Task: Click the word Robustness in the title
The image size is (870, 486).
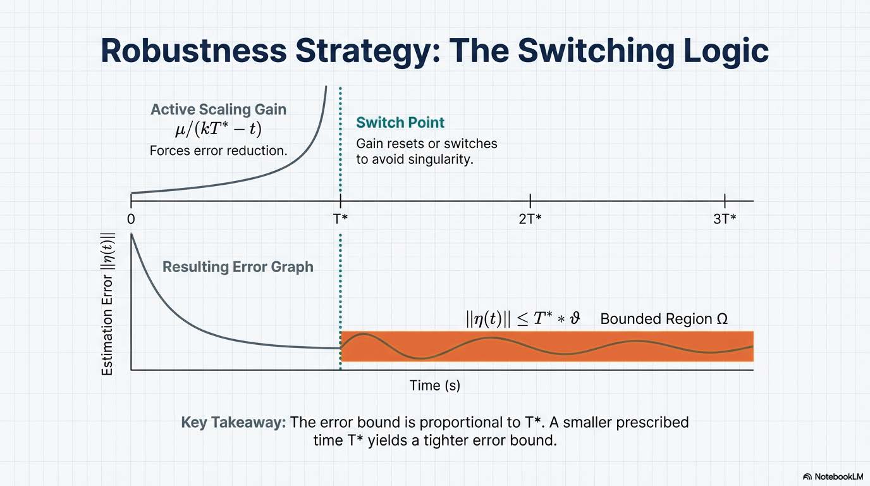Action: pyautogui.click(x=193, y=51)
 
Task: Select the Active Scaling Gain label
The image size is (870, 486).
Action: pyautogui.click(x=218, y=109)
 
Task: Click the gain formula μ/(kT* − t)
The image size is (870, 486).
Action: pyautogui.click(x=218, y=129)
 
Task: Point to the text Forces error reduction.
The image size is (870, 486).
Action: pyautogui.click(x=218, y=151)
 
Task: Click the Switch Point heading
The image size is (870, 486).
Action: pyautogui.click(x=400, y=123)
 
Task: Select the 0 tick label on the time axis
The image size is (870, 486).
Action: pyautogui.click(x=131, y=219)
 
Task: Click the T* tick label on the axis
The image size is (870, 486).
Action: pyautogui.click(x=340, y=219)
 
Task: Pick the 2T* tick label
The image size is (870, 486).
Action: pyautogui.click(x=530, y=219)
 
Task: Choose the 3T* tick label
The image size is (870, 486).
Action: pyautogui.click(x=725, y=219)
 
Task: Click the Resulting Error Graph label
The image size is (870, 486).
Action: pyautogui.click(x=238, y=267)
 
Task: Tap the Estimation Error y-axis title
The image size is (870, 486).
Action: pyautogui.click(x=107, y=304)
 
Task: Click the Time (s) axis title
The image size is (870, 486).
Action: pyautogui.click(x=434, y=385)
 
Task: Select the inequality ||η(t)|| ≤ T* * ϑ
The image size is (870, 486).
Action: pyautogui.click(x=523, y=319)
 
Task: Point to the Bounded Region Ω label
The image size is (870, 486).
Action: pyautogui.click(x=664, y=319)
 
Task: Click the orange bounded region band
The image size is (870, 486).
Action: pyautogui.click(x=547, y=346)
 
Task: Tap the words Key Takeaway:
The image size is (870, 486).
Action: pyautogui.click(x=233, y=423)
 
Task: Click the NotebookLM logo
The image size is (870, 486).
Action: pyautogui.click(x=832, y=477)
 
